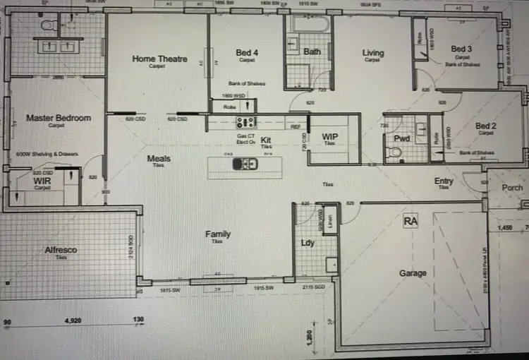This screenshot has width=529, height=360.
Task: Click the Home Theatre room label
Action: [x=160, y=59]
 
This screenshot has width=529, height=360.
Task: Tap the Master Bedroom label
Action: [x=59, y=118]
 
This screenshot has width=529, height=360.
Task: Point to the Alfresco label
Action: [x=61, y=250]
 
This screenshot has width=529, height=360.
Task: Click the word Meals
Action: [x=159, y=158]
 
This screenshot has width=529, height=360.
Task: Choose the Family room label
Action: [x=218, y=234]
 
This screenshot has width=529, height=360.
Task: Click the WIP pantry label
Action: [x=330, y=136]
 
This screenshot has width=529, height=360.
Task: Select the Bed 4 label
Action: [x=247, y=53]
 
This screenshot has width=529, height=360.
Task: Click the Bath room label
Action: [x=312, y=52]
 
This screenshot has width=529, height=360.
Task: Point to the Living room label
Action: [x=373, y=53]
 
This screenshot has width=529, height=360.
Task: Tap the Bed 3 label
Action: [x=462, y=49]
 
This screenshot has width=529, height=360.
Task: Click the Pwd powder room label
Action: [x=402, y=138]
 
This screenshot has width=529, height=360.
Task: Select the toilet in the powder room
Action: [x=396, y=152]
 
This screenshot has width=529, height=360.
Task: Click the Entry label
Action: [x=444, y=181]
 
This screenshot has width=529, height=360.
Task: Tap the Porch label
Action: [x=513, y=188]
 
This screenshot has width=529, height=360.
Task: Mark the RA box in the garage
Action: [x=411, y=222]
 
